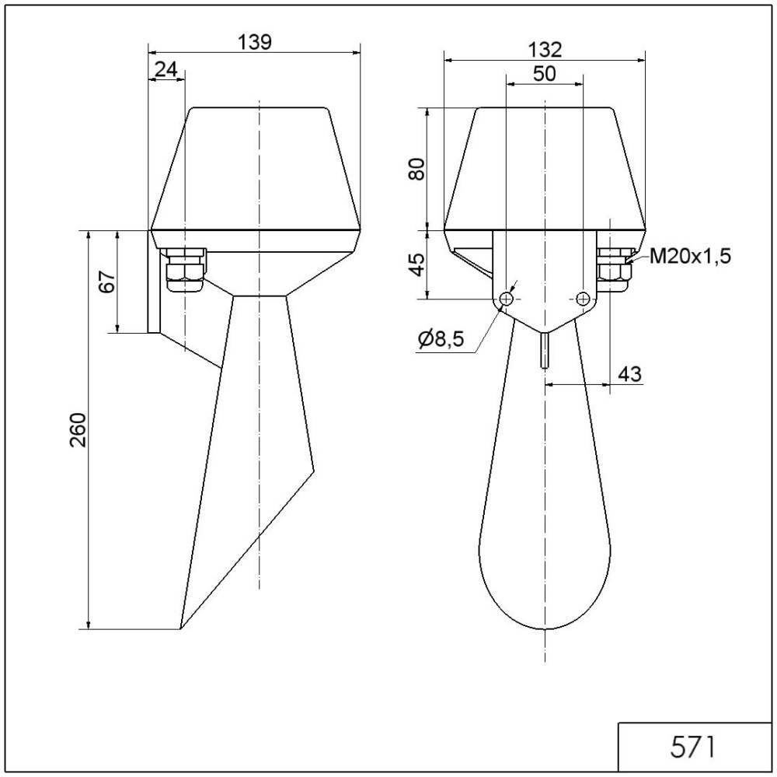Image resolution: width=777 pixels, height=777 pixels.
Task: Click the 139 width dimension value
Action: tap(255, 42)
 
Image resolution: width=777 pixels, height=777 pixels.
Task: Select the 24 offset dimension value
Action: tap(166, 69)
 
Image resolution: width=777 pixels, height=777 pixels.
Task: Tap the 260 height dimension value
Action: tap(78, 429)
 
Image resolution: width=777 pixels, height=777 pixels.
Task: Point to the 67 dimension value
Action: tap(107, 282)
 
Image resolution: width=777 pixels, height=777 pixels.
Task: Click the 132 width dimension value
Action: tap(545, 50)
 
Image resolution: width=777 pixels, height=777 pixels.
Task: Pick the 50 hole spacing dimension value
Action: tap(544, 74)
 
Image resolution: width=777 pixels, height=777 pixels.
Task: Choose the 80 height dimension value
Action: tap(416, 169)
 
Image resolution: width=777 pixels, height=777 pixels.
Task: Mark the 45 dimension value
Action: tap(418, 264)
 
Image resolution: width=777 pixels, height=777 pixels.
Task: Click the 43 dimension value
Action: tap(629, 374)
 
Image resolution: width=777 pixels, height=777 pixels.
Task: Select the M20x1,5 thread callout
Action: tap(690, 256)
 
